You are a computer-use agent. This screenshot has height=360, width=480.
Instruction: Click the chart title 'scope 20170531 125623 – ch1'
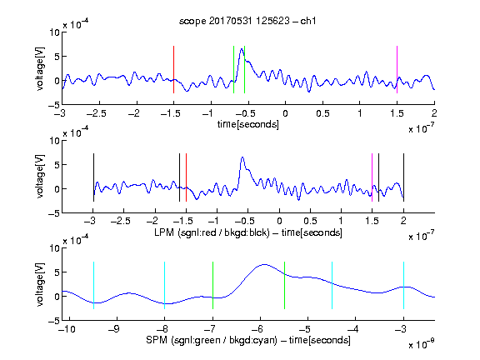247,21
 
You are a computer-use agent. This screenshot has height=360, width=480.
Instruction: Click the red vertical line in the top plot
173,69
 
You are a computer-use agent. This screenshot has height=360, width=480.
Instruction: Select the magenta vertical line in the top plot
397,69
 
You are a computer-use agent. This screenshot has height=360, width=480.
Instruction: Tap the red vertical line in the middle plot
186,177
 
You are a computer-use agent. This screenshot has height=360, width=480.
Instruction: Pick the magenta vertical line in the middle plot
372,177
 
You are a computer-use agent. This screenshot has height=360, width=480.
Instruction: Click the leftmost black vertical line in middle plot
93,177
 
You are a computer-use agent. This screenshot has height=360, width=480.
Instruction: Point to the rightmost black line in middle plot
403,177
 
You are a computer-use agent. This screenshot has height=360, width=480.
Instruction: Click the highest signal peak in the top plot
242,49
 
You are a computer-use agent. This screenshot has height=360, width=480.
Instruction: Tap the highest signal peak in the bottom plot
264,264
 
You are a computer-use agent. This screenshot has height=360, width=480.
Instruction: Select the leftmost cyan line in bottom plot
93,285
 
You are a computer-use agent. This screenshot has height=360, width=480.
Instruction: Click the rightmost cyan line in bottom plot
403,285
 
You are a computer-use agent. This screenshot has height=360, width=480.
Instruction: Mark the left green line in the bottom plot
212,285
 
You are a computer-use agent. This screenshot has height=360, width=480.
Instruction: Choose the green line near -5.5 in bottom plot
284,285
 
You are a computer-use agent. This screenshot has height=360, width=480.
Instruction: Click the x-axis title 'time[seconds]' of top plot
248,124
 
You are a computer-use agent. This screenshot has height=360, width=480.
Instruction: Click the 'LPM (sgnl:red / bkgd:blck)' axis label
212,232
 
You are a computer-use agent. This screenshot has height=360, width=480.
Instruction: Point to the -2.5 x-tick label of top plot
96,113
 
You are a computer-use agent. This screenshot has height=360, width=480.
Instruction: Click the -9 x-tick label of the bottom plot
114,329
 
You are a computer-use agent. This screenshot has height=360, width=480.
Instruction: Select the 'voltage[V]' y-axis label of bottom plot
40,284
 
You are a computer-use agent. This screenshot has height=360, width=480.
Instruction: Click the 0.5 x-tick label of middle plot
310,221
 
